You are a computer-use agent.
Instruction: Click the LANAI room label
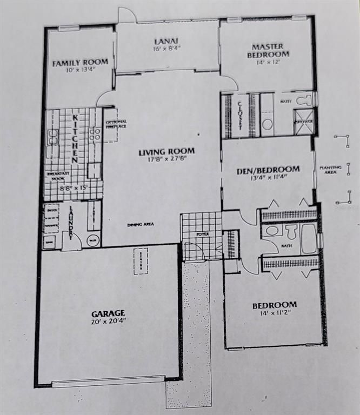[166, 41]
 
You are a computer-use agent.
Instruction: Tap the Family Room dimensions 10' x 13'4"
[80, 70]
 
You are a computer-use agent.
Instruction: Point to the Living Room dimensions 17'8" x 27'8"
[165, 159]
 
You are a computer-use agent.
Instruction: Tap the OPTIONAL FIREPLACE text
[116, 124]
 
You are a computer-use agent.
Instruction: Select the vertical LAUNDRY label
[71, 221]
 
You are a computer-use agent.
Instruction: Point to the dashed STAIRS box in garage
[142, 262]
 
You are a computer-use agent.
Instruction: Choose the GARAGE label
[108, 313]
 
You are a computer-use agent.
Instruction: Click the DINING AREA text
[138, 225]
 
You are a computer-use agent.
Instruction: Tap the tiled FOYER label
[201, 235]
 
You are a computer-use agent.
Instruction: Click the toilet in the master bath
[304, 100]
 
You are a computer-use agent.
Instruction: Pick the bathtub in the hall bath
[308, 239]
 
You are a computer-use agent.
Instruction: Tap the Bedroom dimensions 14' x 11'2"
[274, 313]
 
